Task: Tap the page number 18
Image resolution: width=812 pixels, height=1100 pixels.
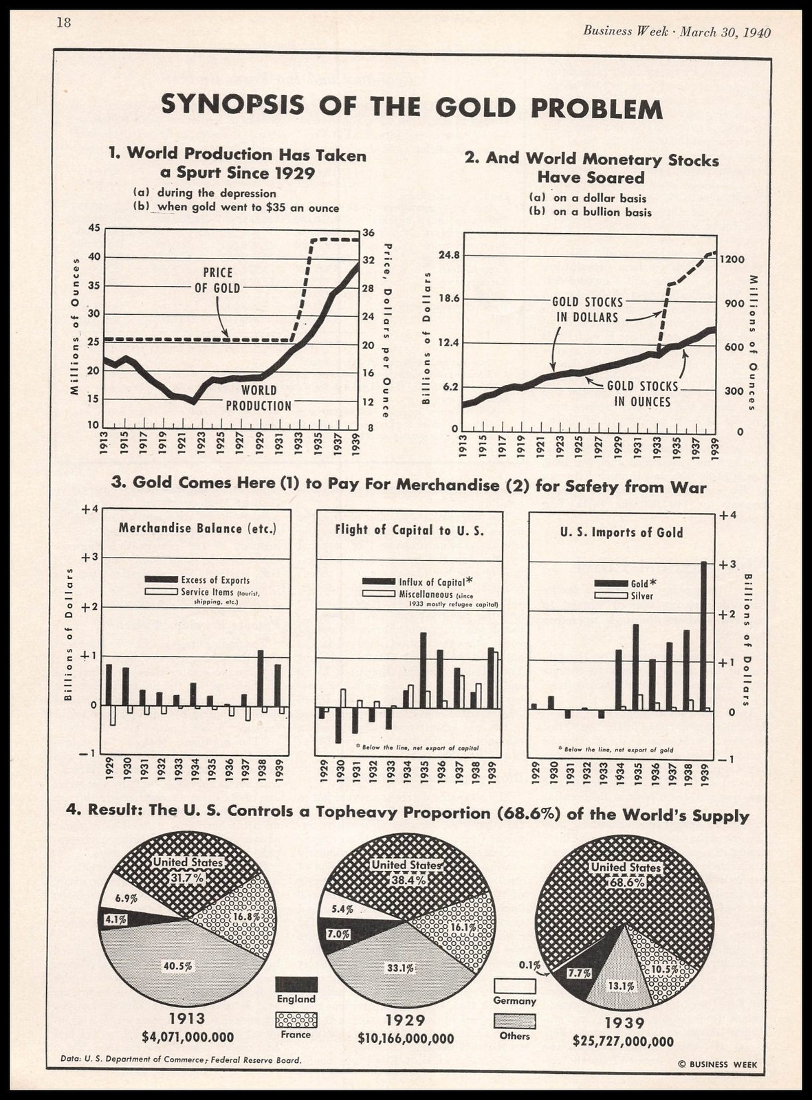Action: point(63,23)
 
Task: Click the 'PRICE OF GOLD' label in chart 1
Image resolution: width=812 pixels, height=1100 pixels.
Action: point(217,280)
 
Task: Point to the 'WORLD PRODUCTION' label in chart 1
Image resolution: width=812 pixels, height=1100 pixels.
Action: point(259,398)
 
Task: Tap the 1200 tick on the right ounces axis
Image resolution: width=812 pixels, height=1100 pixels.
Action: point(733,259)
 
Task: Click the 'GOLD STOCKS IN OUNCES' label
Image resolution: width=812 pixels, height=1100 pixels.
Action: point(642,394)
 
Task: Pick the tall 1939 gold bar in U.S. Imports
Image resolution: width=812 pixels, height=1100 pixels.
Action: point(703,635)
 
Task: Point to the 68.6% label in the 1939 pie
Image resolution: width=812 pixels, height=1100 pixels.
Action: point(626,882)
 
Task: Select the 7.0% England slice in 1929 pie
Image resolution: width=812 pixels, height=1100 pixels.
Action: point(338,934)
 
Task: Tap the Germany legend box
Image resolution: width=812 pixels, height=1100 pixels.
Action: point(514,986)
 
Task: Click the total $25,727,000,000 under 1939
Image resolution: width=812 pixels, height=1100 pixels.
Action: point(623,1042)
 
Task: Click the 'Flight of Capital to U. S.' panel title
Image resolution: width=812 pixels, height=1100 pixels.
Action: point(409,530)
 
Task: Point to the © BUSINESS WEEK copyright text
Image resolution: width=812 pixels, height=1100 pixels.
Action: point(717,1064)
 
